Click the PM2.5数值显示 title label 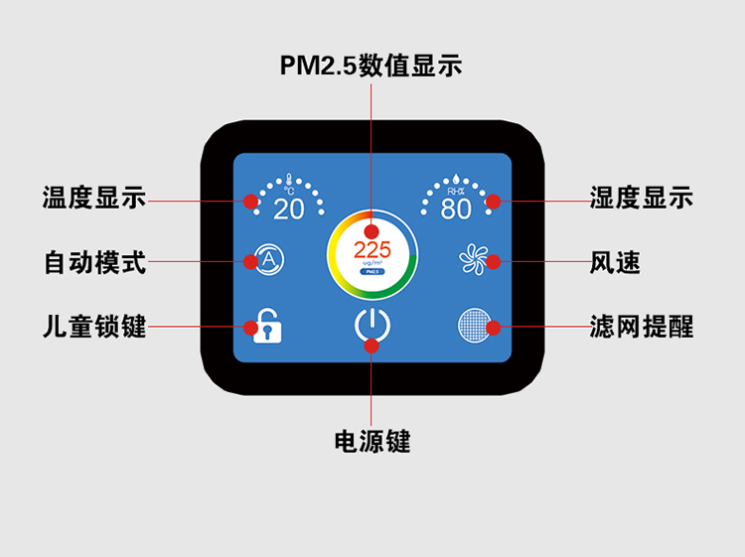372,66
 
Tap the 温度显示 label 94,198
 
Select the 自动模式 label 94,262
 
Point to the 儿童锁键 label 94,326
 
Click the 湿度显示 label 641,198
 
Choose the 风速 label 616,262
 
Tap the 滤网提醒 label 641,326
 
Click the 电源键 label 372,442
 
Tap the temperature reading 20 289,209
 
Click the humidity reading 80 456,209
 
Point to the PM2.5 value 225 372,249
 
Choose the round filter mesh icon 476,325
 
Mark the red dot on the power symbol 372,346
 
